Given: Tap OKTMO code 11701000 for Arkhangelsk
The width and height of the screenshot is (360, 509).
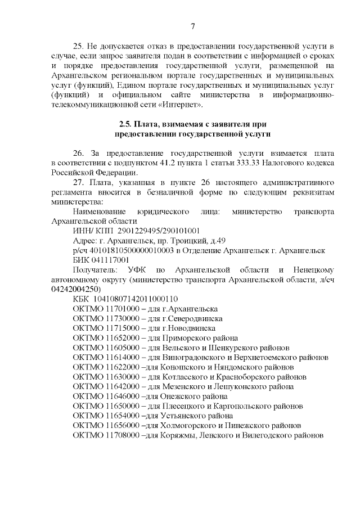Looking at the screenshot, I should (x=118, y=309).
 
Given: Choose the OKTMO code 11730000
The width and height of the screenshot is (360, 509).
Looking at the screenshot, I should (x=118, y=318).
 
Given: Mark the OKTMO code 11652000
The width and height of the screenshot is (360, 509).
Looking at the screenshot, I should (x=118, y=338).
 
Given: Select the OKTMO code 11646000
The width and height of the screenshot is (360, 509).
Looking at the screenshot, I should (x=118, y=396).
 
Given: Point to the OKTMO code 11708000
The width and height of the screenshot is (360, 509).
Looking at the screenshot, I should (x=118, y=435).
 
